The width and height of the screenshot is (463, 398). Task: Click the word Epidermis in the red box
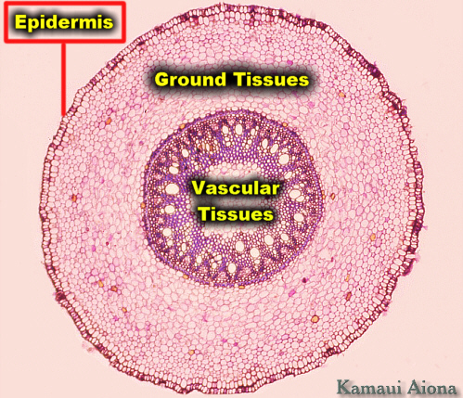(x=64, y=22)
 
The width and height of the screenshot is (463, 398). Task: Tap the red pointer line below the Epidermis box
(x=64, y=79)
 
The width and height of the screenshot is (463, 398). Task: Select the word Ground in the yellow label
(x=190, y=79)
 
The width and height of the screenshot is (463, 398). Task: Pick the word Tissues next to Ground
(x=272, y=79)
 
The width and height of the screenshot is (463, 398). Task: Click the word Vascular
(x=236, y=188)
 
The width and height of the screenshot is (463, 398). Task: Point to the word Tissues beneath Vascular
(x=236, y=213)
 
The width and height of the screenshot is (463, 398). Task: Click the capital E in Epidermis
(x=20, y=21)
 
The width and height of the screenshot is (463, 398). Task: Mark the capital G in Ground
(x=161, y=80)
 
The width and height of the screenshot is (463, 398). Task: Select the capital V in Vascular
(x=198, y=188)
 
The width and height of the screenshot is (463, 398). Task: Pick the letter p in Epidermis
(x=32, y=24)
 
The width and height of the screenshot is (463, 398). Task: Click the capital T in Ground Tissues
(x=240, y=79)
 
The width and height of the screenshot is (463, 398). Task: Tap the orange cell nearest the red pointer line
(x=108, y=121)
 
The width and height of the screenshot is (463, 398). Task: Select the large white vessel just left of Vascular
(x=173, y=188)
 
